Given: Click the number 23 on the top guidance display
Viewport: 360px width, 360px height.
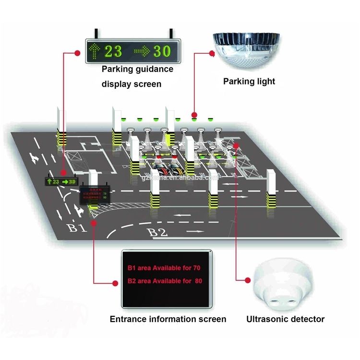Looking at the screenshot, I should [114, 50].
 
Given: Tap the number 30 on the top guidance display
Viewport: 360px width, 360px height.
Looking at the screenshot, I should [162, 50].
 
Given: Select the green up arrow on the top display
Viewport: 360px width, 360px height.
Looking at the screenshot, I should [95, 50].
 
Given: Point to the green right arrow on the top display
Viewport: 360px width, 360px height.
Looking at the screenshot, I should [142, 50].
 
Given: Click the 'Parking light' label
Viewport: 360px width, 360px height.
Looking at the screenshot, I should [249, 81].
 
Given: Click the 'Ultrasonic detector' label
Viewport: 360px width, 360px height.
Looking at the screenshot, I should [285, 319].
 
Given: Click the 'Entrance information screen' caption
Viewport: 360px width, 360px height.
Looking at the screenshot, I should [168, 319].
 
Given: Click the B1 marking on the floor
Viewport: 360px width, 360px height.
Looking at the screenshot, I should [77, 227].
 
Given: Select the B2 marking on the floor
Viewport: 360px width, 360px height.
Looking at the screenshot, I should [157, 233].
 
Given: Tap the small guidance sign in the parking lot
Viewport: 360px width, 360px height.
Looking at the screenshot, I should [61, 182].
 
